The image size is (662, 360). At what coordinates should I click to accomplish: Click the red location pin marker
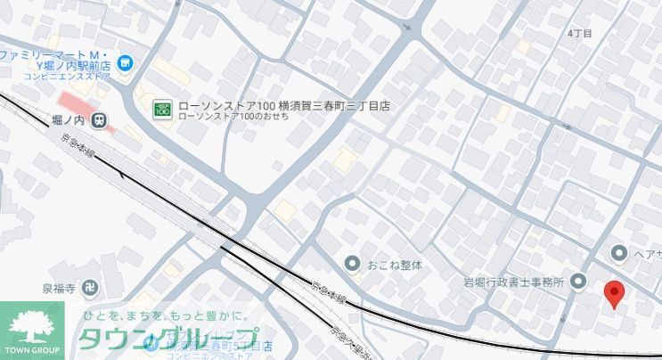614,291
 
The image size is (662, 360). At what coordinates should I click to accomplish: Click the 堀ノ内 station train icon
101,117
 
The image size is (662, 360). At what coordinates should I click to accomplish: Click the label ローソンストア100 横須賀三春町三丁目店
284,105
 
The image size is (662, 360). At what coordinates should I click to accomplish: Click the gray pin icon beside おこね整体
353,264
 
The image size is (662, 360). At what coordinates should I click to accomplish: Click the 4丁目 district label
580,33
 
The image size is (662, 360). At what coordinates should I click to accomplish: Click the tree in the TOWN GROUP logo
32,323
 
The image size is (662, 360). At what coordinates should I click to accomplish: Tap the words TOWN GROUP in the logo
32,349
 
